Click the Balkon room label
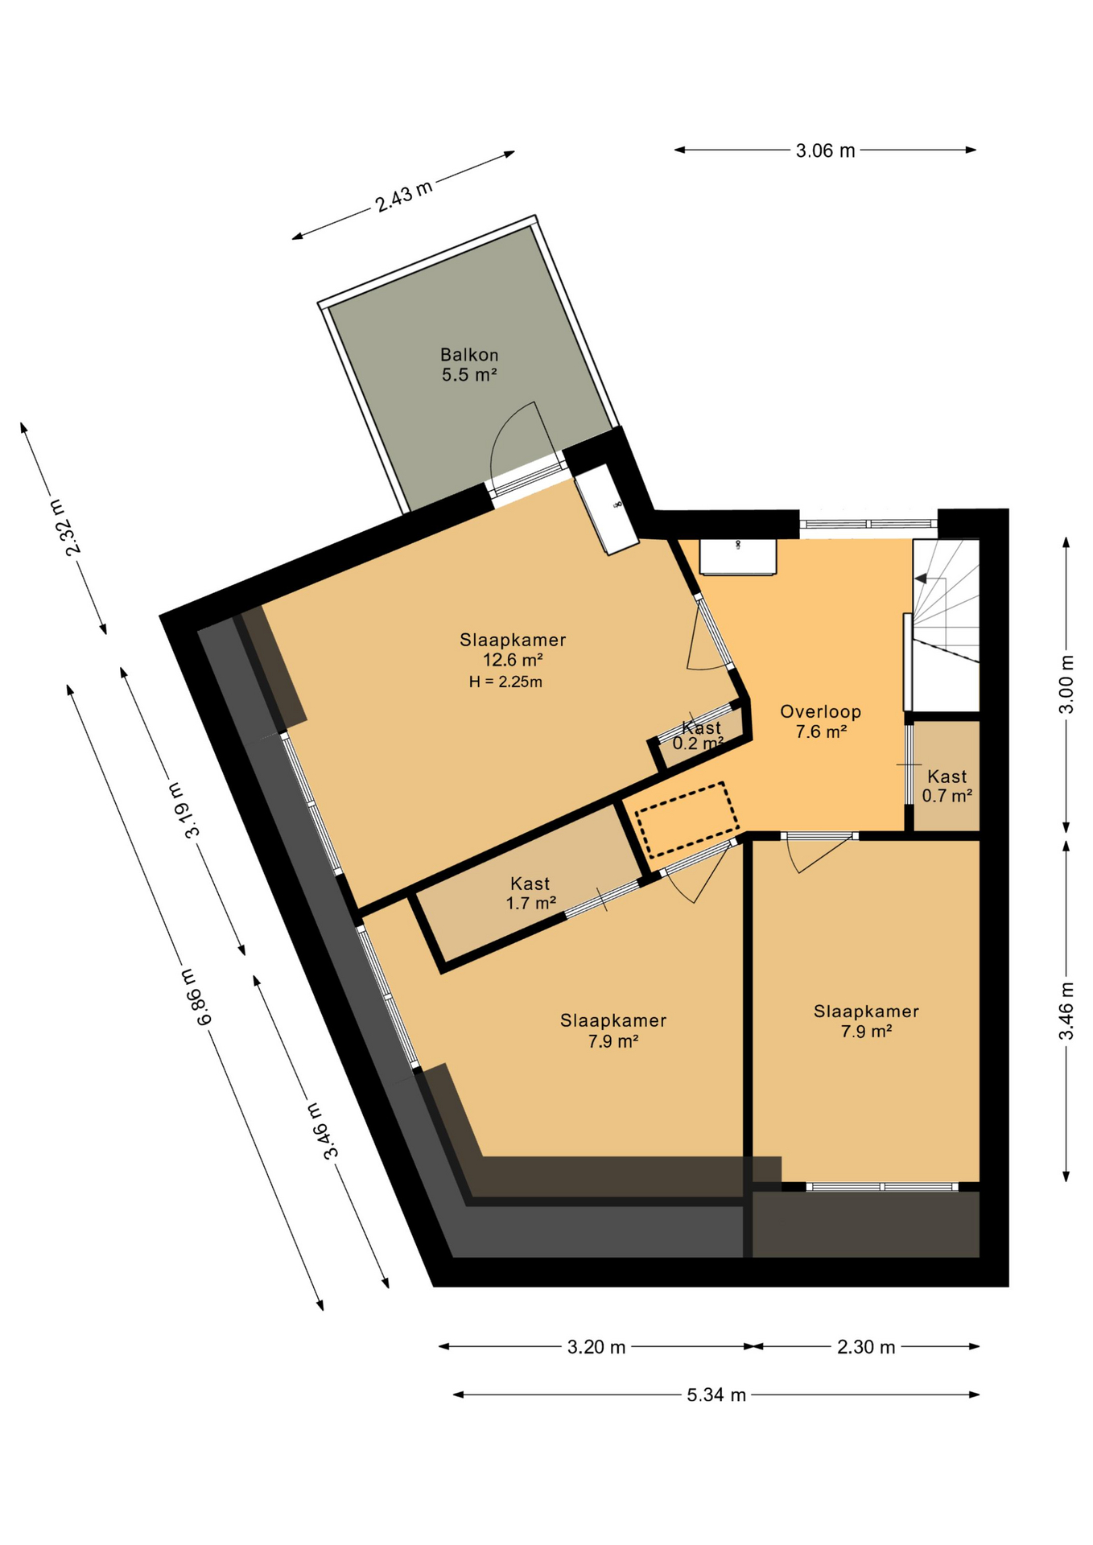469,355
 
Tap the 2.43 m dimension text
404,196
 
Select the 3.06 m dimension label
825,150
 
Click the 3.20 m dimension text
596,1347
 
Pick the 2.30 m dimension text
866,1347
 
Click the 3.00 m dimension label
1066,685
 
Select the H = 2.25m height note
505,682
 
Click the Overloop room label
820,712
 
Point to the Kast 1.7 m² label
530,894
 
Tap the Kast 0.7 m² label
947,786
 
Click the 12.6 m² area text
513,661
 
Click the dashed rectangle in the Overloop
687,819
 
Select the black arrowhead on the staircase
921,578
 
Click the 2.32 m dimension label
65,527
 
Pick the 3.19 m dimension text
184,810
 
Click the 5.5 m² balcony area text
469,375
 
